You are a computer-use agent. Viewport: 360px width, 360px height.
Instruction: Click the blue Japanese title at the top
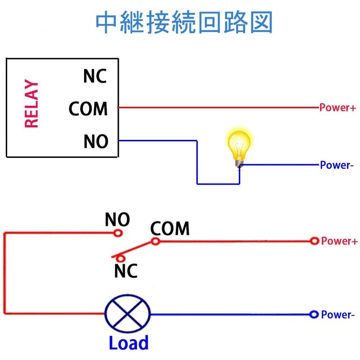(x=184, y=23)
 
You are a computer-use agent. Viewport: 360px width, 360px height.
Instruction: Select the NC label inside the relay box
(x=95, y=76)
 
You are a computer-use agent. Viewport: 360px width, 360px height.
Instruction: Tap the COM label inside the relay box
(x=88, y=109)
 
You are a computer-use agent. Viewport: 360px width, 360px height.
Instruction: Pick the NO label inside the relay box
(x=96, y=142)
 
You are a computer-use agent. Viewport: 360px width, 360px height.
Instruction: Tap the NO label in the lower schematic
(x=117, y=220)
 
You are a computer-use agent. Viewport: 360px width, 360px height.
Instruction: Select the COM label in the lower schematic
(x=170, y=229)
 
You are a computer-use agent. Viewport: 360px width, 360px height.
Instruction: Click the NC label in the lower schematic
(x=126, y=271)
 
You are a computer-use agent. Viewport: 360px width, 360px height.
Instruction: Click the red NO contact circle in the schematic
(x=118, y=233)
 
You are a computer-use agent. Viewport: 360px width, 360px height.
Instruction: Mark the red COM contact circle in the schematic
(x=155, y=241)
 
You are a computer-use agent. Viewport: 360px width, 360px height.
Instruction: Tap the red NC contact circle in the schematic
(x=120, y=258)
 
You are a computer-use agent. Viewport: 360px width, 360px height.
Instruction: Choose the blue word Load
(x=129, y=343)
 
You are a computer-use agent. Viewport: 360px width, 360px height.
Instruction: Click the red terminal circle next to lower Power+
(x=315, y=241)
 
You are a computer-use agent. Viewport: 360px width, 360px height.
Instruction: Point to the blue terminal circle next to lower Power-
(x=314, y=314)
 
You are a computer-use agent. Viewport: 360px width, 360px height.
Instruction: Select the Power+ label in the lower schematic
(x=339, y=241)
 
